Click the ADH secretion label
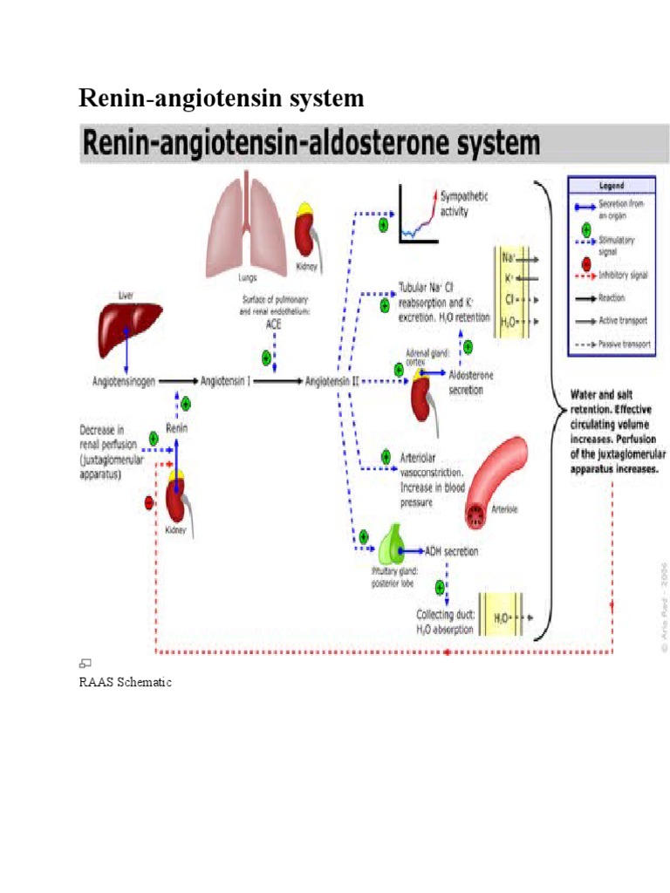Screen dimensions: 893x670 pyautogui.click(x=450, y=551)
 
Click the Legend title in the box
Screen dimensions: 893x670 pyautogui.click(x=611, y=185)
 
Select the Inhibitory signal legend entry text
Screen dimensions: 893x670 pyautogui.click(x=623, y=275)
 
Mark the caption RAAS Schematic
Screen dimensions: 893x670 pyautogui.click(x=126, y=682)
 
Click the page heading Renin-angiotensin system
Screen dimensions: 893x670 pyautogui.click(x=222, y=99)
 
